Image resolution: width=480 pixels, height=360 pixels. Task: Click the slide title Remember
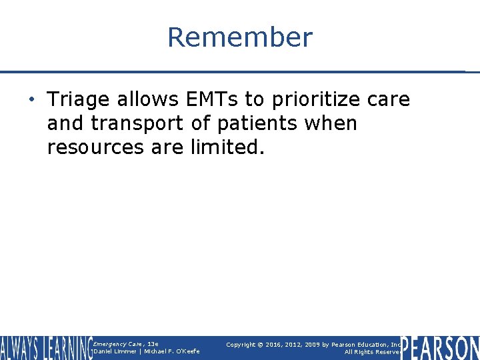(239, 37)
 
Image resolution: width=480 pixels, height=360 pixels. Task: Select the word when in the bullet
(332, 123)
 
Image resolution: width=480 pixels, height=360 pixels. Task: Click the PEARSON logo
(439, 348)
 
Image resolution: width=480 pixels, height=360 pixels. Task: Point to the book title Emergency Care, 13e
(126, 344)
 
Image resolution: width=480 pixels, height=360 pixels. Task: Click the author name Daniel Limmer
(116, 352)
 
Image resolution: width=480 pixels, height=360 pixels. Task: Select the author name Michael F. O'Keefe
(171, 352)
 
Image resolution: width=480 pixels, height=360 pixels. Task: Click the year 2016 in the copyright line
(273, 345)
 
